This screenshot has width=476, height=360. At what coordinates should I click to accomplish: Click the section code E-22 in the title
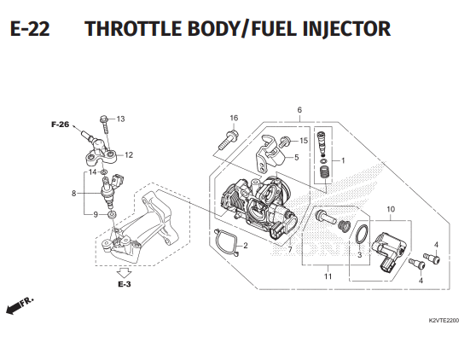point(30,31)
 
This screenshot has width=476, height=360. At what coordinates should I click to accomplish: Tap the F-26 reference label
point(60,125)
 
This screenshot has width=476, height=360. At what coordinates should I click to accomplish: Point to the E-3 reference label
point(125,283)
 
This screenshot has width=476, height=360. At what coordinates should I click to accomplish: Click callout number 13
point(120,119)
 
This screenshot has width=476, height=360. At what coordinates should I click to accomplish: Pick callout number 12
point(129,155)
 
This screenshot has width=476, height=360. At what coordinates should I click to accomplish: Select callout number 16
point(233,118)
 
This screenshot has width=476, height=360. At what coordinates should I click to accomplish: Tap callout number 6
point(300,110)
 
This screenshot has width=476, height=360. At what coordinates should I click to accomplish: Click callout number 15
point(303,140)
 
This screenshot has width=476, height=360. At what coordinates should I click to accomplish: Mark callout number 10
point(391,209)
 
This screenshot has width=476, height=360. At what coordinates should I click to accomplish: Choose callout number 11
point(327,276)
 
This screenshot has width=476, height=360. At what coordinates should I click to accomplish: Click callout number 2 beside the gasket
point(245,247)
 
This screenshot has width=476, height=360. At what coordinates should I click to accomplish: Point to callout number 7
point(290,250)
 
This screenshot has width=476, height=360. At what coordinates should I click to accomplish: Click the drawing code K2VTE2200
point(443,322)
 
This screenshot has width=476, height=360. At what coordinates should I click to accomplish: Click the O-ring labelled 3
point(362,233)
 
